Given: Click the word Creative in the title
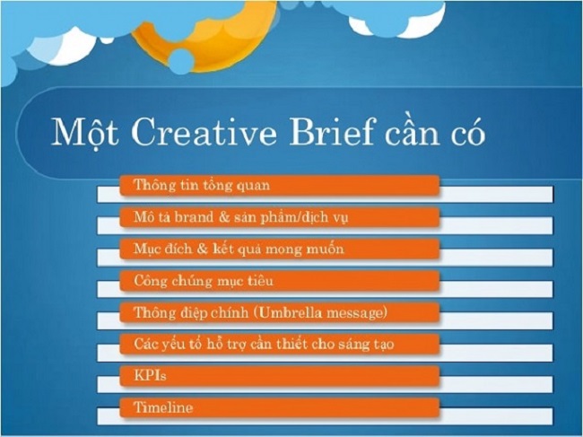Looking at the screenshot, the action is click(204, 132).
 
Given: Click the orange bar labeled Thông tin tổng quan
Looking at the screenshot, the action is click(280, 185).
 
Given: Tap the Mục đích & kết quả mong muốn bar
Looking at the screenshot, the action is click(280, 249).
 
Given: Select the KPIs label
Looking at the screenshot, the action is click(150, 376).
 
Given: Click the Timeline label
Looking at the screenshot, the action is click(163, 407).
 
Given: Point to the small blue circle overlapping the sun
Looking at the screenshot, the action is click(181, 61).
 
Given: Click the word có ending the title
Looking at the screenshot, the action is click(468, 132).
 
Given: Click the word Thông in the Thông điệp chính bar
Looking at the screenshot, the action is click(152, 312).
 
